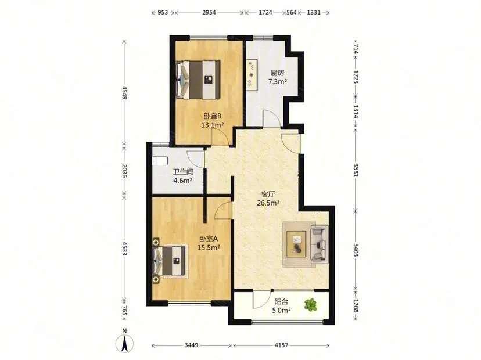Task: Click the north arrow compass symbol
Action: pos(124,343)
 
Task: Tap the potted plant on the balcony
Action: pos(311,305)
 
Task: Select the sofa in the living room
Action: pos(320,244)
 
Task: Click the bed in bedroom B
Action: pos(198,80)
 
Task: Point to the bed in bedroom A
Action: pos(170,261)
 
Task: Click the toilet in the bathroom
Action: pos(160,161)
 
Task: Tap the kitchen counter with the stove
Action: pos(252,74)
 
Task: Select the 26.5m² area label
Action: pos(268,203)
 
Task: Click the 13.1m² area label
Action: pos(212,125)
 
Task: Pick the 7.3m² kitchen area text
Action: pos(278,81)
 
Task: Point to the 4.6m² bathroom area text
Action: pos(183,181)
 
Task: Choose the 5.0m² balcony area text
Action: pos(281,310)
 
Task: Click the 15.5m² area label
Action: pos(209,247)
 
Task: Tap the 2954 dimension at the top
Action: pos(209,13)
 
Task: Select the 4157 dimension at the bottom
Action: pos(281,345)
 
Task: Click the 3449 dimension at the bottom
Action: pos(192,345)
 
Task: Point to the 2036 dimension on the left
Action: pos(124,171)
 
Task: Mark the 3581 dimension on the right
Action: pos(356,170)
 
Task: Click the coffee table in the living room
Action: pos(296,244)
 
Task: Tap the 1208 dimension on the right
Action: pos(356,306)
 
